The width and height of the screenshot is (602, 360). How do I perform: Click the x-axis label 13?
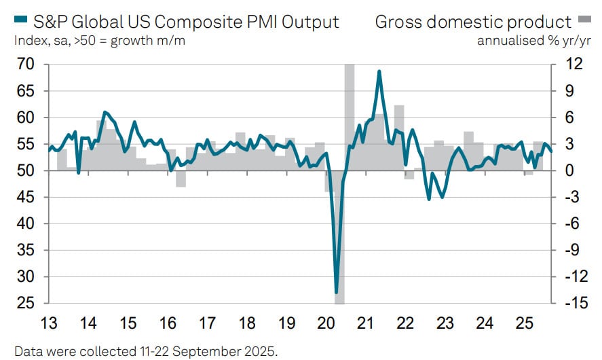click(48, 323)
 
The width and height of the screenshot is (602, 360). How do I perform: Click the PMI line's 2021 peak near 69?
click(379, 71)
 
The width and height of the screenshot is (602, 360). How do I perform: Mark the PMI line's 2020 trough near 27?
click(337, 293)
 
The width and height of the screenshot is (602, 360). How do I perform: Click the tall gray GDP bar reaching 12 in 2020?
click(350, 115)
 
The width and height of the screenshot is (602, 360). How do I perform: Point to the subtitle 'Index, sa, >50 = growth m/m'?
click(100, 39)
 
